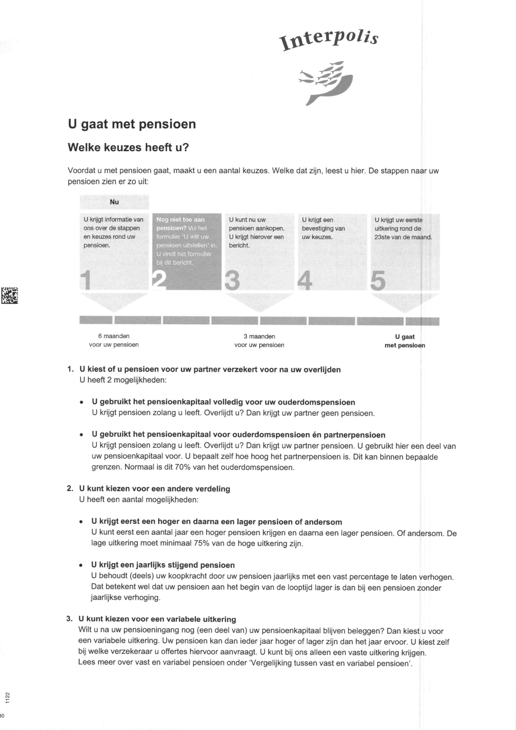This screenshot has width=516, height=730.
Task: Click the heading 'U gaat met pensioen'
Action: tap(132, 124)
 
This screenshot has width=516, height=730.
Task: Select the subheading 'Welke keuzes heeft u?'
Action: tap(129, 148)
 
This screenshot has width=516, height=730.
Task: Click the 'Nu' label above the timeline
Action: tap(114, 202)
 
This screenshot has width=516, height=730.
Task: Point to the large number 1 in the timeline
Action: tap(86, 281)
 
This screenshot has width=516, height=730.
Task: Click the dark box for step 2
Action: tap(186, 251)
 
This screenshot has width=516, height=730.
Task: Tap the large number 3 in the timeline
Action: tap(232, 281)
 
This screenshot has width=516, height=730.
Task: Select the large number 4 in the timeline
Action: tap(305, 281)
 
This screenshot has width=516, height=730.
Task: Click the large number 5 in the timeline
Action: tap(377, 281)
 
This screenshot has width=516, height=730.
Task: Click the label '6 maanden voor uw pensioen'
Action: tap(113, 341)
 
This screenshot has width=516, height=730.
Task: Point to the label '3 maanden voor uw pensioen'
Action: tap(259, 341)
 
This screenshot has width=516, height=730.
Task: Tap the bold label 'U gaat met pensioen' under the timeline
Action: tap(405, 341)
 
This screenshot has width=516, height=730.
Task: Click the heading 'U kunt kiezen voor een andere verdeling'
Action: tap(154, 489)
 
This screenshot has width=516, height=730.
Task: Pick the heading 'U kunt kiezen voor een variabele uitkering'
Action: tap(157, 619)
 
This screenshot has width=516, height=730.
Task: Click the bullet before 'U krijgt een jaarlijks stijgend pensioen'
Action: tap(81, 566)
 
